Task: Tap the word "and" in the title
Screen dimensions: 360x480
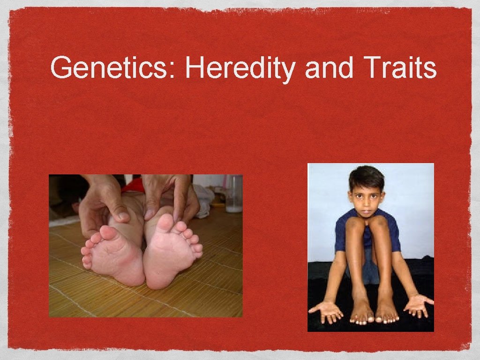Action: [x=328, y=68]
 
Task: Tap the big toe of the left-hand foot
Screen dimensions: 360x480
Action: [x=107, y=233]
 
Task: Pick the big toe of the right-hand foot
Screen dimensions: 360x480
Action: [x=165, y=225]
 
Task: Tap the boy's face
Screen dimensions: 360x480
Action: [x=367, y=197]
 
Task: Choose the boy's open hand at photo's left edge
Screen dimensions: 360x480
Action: [x=326, y=310]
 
